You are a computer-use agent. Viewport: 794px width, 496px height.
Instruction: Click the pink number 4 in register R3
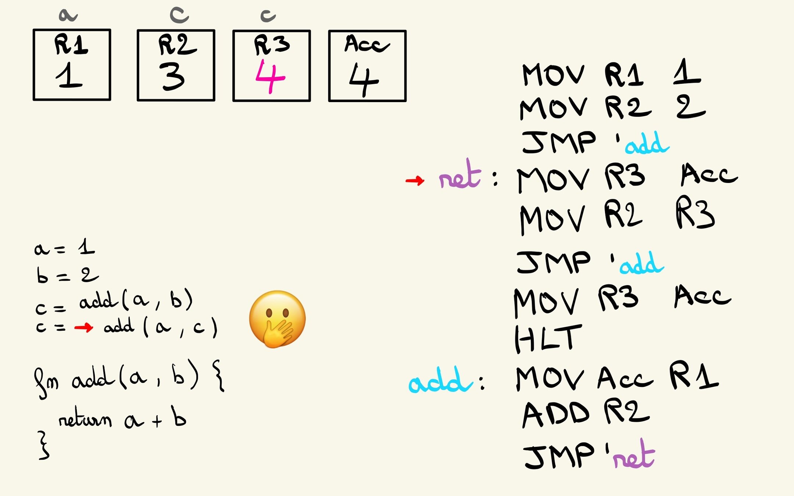(270, 77)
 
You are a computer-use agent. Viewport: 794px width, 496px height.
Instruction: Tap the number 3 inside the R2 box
(172, 76)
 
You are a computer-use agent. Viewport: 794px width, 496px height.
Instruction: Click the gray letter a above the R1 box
(68, 15)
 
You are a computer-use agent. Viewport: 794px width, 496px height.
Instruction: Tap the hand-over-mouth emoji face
(278, 319)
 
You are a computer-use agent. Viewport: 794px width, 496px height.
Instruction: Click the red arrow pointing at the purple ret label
(415, 180)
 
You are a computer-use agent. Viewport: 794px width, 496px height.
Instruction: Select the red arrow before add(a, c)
(83, 327)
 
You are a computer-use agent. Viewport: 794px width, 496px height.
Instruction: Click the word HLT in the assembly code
(548, 338)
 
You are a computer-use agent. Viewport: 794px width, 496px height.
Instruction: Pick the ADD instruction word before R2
(556, 414)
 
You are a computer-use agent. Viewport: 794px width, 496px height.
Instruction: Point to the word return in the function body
(85, 418)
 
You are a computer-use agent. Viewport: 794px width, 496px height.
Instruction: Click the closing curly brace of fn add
(43, 446)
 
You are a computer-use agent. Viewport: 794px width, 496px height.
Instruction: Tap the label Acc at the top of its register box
(366, 44)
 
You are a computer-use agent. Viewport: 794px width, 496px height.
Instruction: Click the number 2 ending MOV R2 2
(690, 107)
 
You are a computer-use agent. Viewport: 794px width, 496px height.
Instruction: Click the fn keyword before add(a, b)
(46, 382)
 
